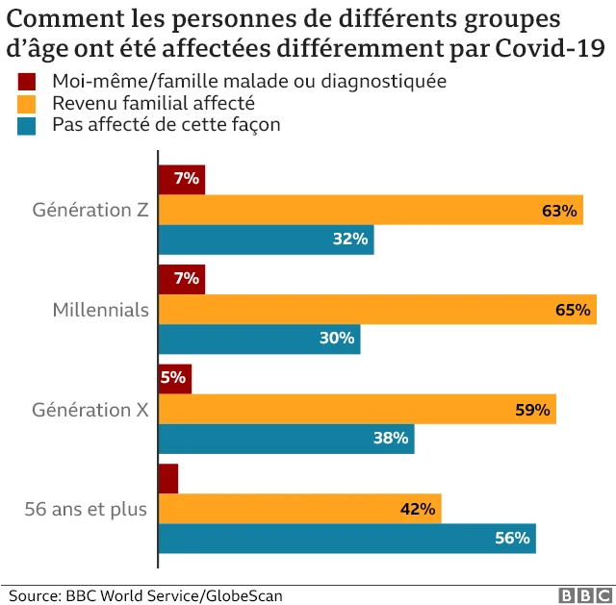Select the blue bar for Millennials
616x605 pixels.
[259, 339]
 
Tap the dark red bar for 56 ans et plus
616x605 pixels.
[168, 478]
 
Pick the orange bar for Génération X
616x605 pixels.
[357, 409]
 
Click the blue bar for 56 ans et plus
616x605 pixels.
[346, 539]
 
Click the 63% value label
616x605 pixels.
[558, 211]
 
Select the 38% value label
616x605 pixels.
[392, 439]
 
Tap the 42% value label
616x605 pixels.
[419, 509]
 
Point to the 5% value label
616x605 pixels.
[173, 378]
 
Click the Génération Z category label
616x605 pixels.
[90, 210]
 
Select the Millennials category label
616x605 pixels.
[100, 310]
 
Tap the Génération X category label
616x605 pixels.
[90, 409]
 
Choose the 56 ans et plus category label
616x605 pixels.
[86, 509]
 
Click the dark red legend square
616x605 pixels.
[27, 82]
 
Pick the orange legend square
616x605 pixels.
[27, 103]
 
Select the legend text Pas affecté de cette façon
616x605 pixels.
[166, 125]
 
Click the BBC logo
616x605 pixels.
[580, 595]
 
